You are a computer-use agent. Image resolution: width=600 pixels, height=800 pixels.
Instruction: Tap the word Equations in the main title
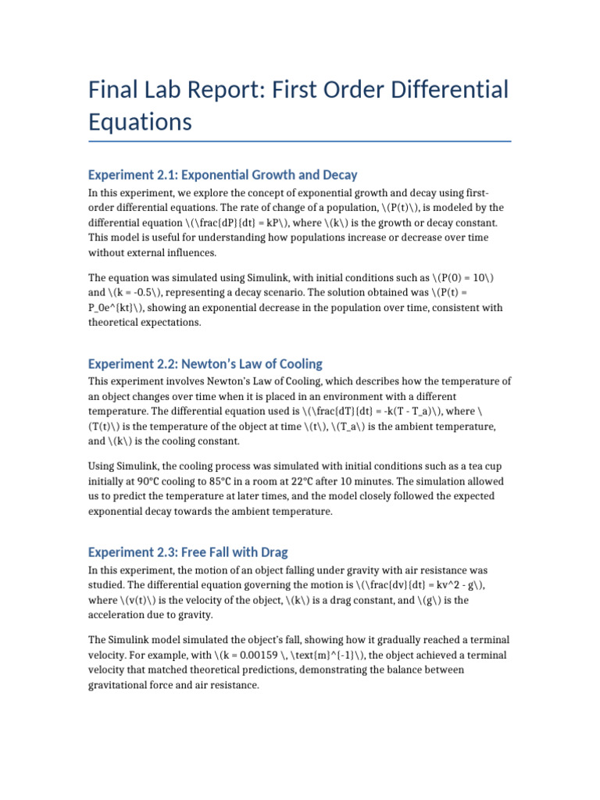pyautogui.click(x=140, y=122)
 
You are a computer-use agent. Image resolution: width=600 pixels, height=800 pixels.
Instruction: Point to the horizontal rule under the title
pyautogui.click(x=300, y=141)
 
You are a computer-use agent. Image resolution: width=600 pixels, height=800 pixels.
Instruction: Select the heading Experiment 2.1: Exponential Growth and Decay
pyautogui.click(x=223, y=174)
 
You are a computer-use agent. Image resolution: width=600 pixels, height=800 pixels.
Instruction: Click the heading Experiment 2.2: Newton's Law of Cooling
pyautogui.click(x=205, y=363)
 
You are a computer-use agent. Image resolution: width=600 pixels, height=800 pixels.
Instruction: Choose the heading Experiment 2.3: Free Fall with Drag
pyautogui.click(x=193, y=552)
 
